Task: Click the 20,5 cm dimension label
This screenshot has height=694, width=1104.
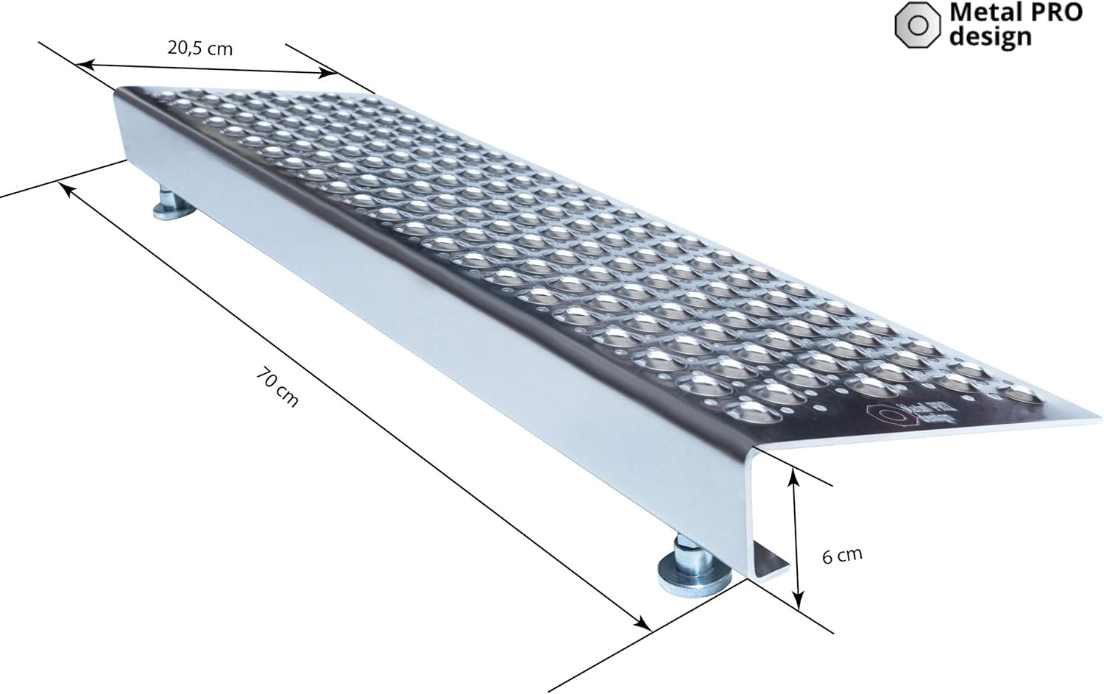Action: (x=199, y=49)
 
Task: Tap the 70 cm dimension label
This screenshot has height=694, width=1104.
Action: (x=277, y=388)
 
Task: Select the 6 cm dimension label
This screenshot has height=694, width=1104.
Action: (x=842, y=555)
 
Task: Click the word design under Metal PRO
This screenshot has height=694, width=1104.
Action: (x=990, y=38)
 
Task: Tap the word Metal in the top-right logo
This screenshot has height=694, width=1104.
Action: (x=980, y=13)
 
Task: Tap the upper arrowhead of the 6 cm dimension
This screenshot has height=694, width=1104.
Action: (x=793, y=475)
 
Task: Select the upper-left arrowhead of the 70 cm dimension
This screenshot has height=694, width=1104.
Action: (x=65, y=188)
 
